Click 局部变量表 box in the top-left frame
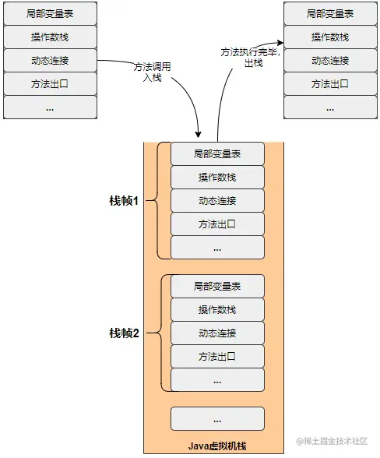[50, 13]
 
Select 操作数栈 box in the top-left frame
[50, 37]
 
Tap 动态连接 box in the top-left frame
[50, 60]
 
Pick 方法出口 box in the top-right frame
[330, 83]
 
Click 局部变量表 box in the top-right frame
[330, 13]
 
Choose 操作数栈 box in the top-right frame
[330, 37]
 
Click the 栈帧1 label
[124, 201]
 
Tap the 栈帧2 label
[124, 333]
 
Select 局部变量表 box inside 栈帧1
[217, 154]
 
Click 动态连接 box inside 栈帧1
[217, 201]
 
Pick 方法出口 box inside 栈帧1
[217, 224]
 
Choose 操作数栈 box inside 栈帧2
[217, 310]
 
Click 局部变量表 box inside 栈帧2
[217, 287]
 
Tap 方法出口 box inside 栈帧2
[217, 357]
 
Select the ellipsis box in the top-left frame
[50, 107]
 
